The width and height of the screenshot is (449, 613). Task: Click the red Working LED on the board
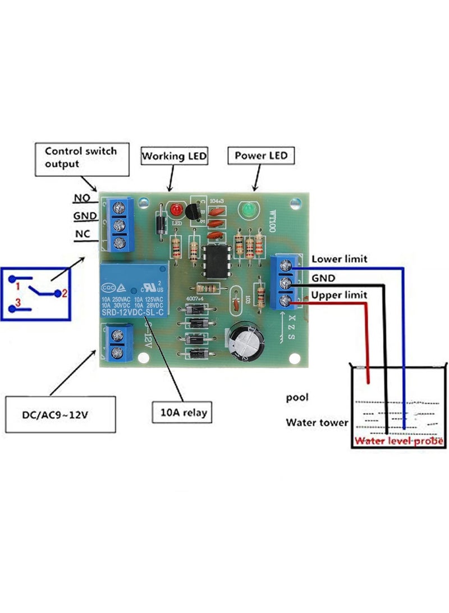click(x=176, y=211)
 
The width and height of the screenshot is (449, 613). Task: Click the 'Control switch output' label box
click(x=80, y=157)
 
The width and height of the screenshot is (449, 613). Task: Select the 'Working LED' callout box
click(x=174, y=156)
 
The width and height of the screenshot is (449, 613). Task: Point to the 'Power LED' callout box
click(x=260, y=155)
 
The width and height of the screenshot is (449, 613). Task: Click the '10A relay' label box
click(x=180, y=413)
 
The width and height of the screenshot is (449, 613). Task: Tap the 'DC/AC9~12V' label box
click(x=61, y=414)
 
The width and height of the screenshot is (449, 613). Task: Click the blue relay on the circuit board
click(x=134, y=290)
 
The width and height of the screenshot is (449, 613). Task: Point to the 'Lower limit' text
click(x=339, y=259)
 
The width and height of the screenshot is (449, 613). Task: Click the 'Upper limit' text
click(x=339, y=295)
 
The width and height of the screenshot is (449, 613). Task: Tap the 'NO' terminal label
click(x=81, y=198)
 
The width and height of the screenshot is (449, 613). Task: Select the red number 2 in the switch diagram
click(x=65, y=293)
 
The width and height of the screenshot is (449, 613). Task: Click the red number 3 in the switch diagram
click(x=17, y=303)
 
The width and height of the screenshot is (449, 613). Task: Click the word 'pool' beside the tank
click(x=297, y=397)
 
